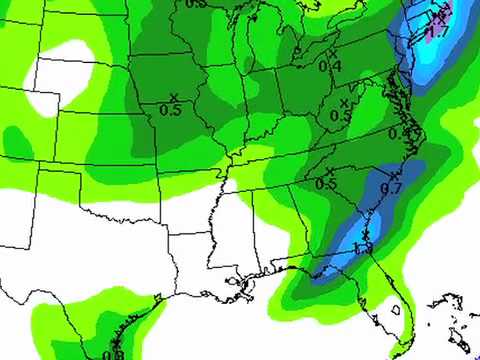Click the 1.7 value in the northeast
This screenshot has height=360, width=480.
coord(435,33)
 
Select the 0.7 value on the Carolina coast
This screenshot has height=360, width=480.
coord(391,187)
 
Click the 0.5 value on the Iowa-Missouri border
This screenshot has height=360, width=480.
coord(171,110)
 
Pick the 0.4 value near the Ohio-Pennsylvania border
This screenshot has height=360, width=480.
coord(329,65)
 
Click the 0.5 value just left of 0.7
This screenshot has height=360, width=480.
coord(326,183)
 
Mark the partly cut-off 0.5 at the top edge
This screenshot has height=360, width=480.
coord(196,4)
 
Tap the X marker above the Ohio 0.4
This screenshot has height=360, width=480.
coord(332,52)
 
